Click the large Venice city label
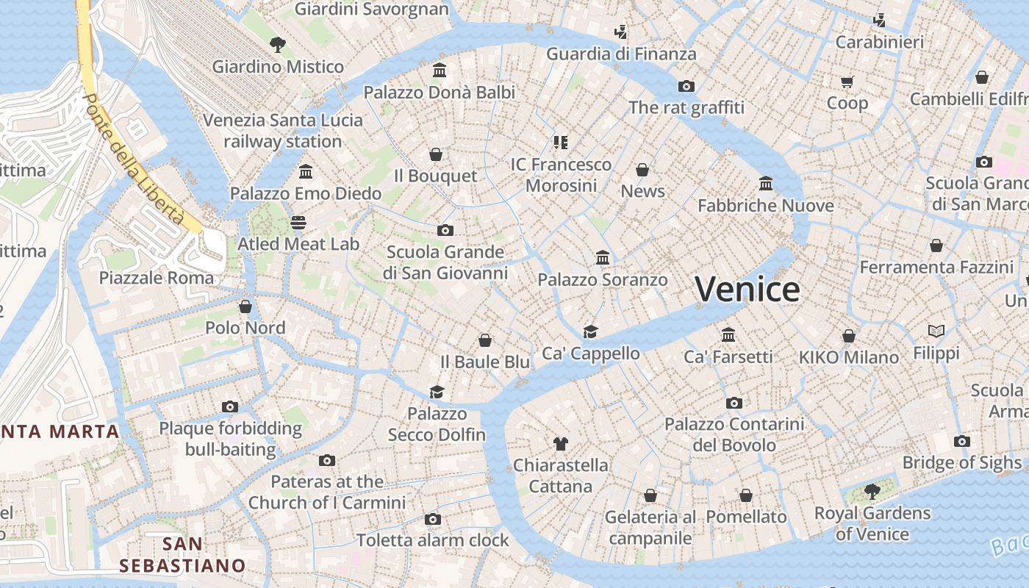coord(747,289)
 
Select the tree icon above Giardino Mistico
coord(277,45)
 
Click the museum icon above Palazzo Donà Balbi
coord(440,71)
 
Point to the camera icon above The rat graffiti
coord(686,86)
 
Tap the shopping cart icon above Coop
coord(847,82)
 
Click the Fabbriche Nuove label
coord(765,206)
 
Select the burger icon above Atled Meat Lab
coord(298,222)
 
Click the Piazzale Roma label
coord(157,278)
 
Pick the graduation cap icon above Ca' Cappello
coord(590,331)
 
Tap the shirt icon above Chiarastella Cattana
coord(561,443)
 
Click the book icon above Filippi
coord(936,331)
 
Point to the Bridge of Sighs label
coord(961,462)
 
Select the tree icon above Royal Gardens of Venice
coord(872,490)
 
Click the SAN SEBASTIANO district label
coord(182,555)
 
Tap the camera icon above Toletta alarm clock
coord(433,520)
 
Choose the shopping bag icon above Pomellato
coord(746,495)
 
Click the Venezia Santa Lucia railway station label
coord(282,131)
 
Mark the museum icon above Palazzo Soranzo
coord(603,258)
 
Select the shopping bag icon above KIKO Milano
coord(849,336)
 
